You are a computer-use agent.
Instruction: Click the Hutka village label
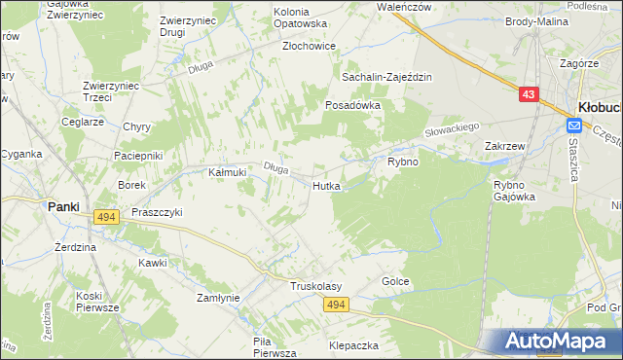coord(326,185)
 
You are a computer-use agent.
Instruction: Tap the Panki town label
coord(64,206)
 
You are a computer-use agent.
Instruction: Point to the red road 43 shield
coord(528,94)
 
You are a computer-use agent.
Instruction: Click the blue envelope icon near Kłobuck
coord(574,126)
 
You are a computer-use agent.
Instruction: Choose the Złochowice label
coord(309,46)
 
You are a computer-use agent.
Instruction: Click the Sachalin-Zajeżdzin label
coord(385,76)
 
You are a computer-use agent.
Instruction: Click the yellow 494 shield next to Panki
coord(107,218)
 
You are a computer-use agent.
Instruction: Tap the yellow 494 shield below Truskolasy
coord(337,305)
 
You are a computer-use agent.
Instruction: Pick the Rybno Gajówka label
coord(515,190)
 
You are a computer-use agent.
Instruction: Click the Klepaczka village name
coord(353,344)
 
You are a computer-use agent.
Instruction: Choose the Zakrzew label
coord(505,146)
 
